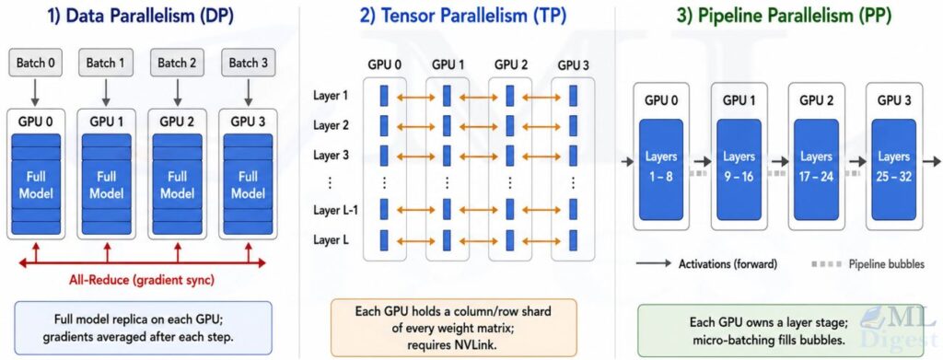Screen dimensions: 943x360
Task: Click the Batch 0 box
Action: [x=36, y=64]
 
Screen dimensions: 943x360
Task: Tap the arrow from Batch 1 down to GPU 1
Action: [x=107, y=92]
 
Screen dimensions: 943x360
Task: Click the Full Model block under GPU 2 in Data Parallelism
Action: [x=178, y=185]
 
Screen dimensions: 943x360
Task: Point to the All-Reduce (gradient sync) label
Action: [x=142, y=279]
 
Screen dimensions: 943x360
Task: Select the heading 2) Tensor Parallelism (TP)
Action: [x=462, y=17]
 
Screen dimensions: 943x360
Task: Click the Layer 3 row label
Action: [x=331, y=155]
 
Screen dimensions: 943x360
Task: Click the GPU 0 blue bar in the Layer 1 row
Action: [x=384, y=96]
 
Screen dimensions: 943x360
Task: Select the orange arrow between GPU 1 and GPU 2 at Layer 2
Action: [x=478, y=126]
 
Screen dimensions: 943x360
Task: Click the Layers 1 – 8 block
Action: [x=661, y=168]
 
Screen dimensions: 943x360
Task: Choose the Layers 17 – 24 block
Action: [x=816, y=168]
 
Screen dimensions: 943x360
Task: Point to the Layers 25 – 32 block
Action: [x=893, y=168]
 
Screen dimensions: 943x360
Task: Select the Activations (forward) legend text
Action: [x=728, y=264]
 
